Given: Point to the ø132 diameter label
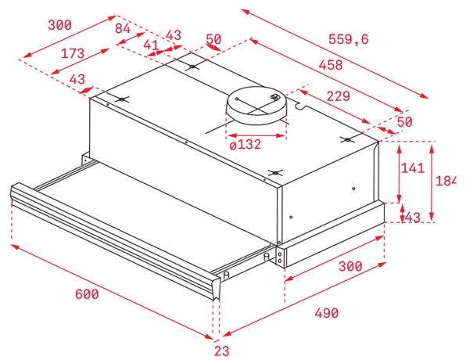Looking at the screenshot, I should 245,143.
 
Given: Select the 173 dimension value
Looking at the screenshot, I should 73,54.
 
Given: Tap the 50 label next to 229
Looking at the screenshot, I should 404,121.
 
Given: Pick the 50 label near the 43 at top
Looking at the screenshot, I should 213,40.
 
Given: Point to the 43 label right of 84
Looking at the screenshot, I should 173,36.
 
